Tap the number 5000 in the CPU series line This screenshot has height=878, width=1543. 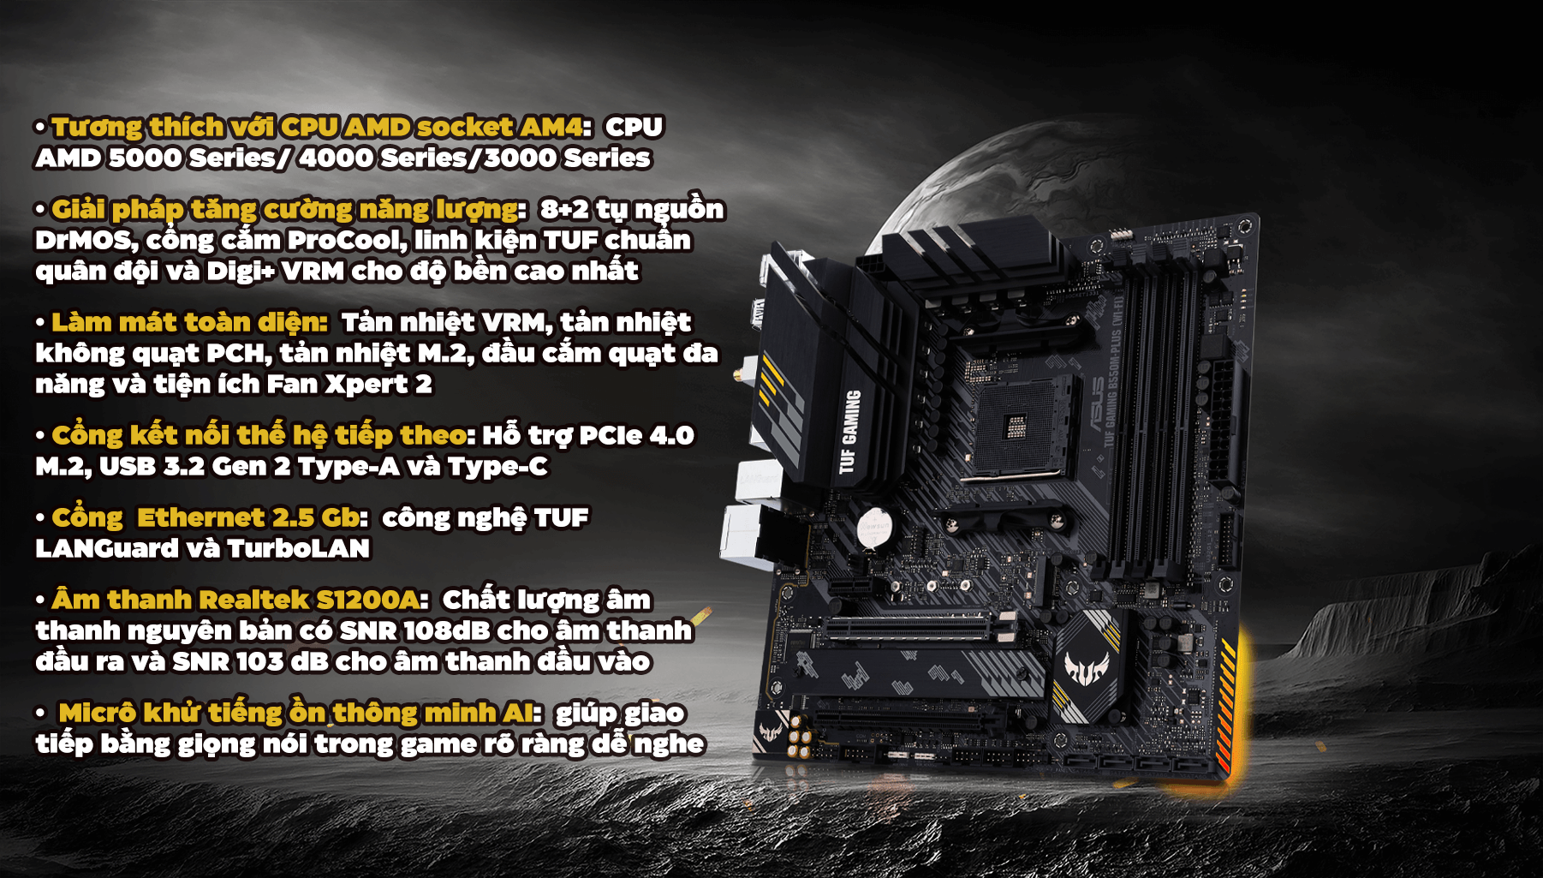(145, 158)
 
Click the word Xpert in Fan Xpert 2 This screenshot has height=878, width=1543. (366, 385)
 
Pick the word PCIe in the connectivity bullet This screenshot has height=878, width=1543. (610, 436)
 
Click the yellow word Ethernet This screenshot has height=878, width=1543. (200, 518)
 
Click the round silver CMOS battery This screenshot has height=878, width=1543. (874, 528)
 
